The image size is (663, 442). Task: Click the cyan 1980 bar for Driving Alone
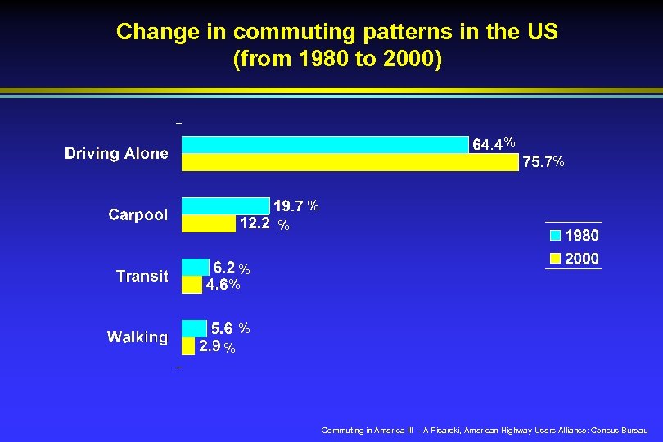click(324, 145)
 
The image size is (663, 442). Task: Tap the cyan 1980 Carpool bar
click(225, 205)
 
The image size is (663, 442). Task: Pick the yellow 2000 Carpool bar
click(208, 223)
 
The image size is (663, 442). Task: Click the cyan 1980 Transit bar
click(196, 267)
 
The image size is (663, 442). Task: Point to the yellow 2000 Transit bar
click(192, 285)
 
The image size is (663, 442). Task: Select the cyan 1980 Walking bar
click(195, 328)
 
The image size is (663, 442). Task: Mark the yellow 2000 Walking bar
click(188, 346)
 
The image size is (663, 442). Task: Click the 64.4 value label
click(488, 145)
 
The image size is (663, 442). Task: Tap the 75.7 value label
click(537, 163)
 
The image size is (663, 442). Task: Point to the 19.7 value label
click(288, 205)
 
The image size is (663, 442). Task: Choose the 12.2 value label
click(255, 223)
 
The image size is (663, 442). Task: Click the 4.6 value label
click(217, 286)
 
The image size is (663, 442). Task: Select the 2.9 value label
click(210, 347)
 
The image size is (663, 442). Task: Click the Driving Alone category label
click(116, 153)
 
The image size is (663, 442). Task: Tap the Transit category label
click(142, 276)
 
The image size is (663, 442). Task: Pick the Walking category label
click(138, 337)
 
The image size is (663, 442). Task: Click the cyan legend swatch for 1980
click(555, 236)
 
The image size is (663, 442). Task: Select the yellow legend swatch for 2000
click(555, 259)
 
